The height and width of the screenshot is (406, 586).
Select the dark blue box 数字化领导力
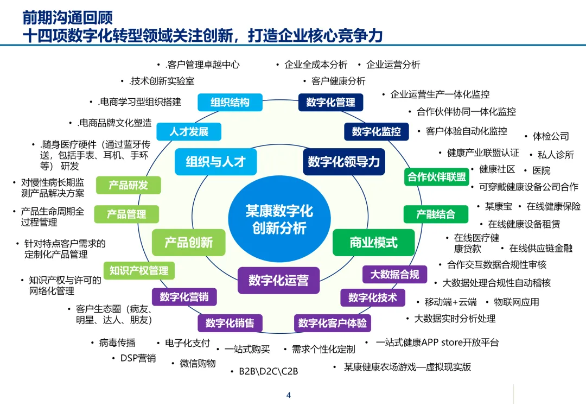(343, 162)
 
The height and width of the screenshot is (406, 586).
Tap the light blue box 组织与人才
(215, 162)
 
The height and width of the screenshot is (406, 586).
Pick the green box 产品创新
(188, 242)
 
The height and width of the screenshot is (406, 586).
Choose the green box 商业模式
(373, 242)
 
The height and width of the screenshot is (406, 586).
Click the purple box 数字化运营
(278, 280)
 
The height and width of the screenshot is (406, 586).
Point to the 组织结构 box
(230, 103)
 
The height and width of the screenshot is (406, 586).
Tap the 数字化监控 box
(376, 132)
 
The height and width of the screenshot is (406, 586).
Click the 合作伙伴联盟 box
(437, 177)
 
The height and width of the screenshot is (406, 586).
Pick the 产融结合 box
(435, 214)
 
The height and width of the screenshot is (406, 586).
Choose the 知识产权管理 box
(139, 270)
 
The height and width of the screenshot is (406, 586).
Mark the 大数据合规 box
(394, 275)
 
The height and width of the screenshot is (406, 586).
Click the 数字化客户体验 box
(332, 323)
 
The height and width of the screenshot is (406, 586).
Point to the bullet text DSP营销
(138, 358)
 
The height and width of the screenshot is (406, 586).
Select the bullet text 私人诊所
(555, 155)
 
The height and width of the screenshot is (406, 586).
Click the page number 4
(288, 395)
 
